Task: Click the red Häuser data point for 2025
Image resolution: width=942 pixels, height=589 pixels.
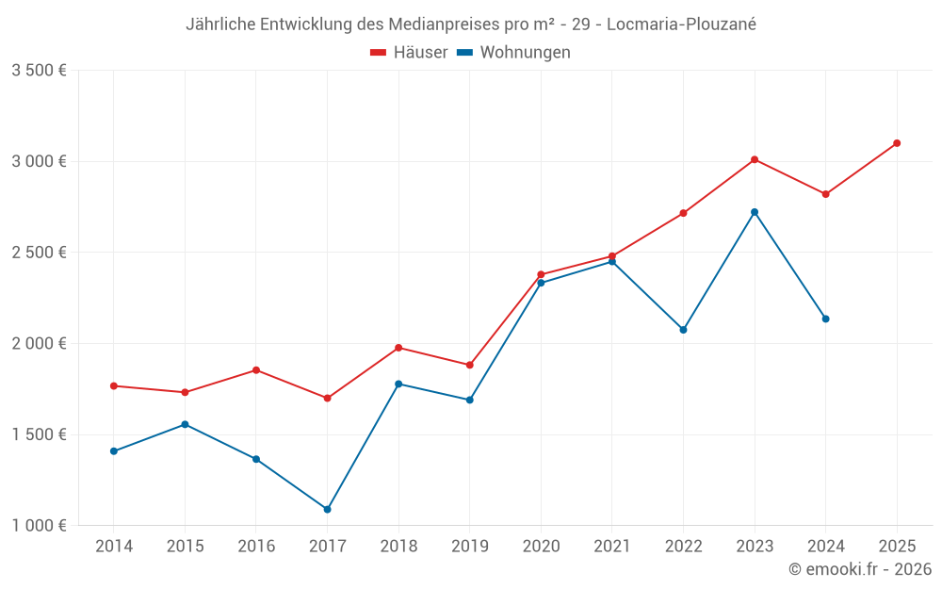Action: point(897,143)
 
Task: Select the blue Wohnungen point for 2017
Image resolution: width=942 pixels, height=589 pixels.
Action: point(327,509)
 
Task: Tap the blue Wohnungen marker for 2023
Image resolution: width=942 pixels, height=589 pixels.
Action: point(755,212)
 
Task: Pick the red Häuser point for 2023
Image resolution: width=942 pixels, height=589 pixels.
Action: point(755,159)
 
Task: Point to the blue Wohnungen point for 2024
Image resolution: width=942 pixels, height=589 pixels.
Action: point(825,319)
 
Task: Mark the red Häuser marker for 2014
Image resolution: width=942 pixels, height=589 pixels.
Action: point(114,385)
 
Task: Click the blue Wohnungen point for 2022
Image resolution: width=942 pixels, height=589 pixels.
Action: point(683,330)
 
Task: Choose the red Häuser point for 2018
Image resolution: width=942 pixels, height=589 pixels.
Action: point(398,348)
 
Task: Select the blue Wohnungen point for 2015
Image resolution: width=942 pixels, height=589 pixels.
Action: point(185,424)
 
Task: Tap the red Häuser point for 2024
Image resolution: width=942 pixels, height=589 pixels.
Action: point(825,194)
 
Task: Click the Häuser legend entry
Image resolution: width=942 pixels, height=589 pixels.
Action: point(409,53)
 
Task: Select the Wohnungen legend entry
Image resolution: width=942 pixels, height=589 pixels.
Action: point(514,53)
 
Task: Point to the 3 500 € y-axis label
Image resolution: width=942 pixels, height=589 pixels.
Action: point(39,71)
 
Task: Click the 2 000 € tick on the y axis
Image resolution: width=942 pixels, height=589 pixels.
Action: point(39,344)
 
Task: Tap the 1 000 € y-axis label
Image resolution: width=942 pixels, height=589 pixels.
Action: point(39,526)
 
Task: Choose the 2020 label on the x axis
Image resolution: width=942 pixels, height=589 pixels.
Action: point(541,547)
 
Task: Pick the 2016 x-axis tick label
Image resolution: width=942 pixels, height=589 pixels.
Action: point(256,547)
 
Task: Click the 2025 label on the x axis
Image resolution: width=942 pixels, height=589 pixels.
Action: point(897,547)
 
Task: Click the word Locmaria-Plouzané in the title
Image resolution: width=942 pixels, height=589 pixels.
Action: point(681,25)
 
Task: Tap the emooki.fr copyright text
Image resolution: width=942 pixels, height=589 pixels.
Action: point(860,569)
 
